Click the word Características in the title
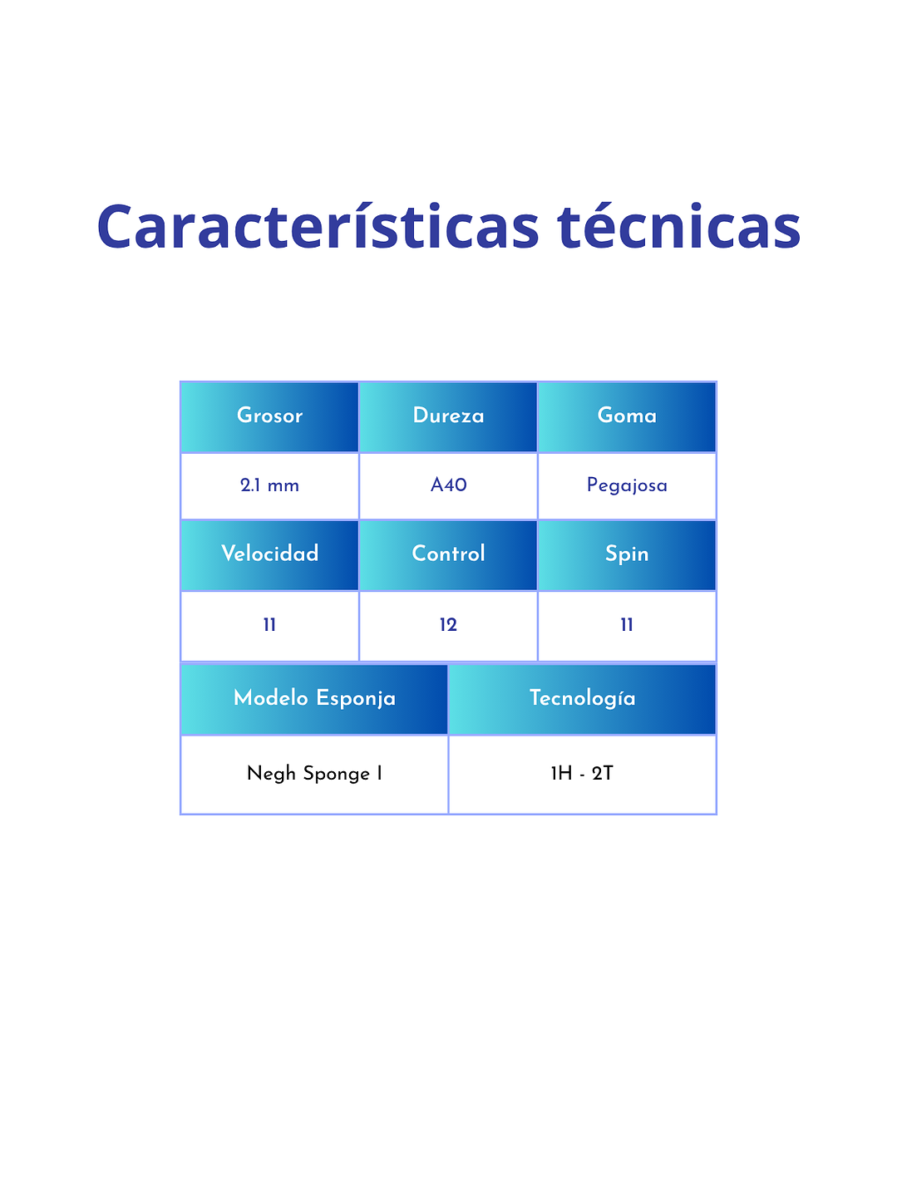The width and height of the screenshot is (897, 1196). click(318, 226)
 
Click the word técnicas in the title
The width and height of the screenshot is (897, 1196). click(679, 226)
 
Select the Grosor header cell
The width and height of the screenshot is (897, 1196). click(269, 417)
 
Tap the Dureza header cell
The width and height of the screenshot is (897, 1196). click(448, 417)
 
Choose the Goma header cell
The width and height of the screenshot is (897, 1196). click(627, 417)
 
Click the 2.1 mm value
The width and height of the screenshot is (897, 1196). click(269, 485)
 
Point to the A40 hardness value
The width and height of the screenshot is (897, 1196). click(448, 485)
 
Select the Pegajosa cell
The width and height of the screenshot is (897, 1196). click(627, 485)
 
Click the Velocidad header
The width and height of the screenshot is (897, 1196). click(269, 555)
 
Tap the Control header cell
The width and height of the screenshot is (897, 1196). click(448, 555)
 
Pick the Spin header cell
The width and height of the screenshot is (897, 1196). click(627, 555)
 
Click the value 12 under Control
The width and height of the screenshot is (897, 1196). click(448, 624)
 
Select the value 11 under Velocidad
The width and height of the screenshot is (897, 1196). click(269, 624)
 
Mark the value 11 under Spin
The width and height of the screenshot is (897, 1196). click(627, 624)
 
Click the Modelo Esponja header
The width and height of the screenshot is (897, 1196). click(314, 700)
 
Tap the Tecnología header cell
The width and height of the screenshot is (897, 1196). click(582, 700)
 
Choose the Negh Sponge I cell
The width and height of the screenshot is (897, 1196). click(314, 775)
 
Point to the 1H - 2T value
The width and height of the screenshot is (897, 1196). click(582, 773)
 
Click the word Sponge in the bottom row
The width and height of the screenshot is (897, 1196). click(336, 775)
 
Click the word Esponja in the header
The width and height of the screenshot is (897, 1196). click(355, 699)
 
